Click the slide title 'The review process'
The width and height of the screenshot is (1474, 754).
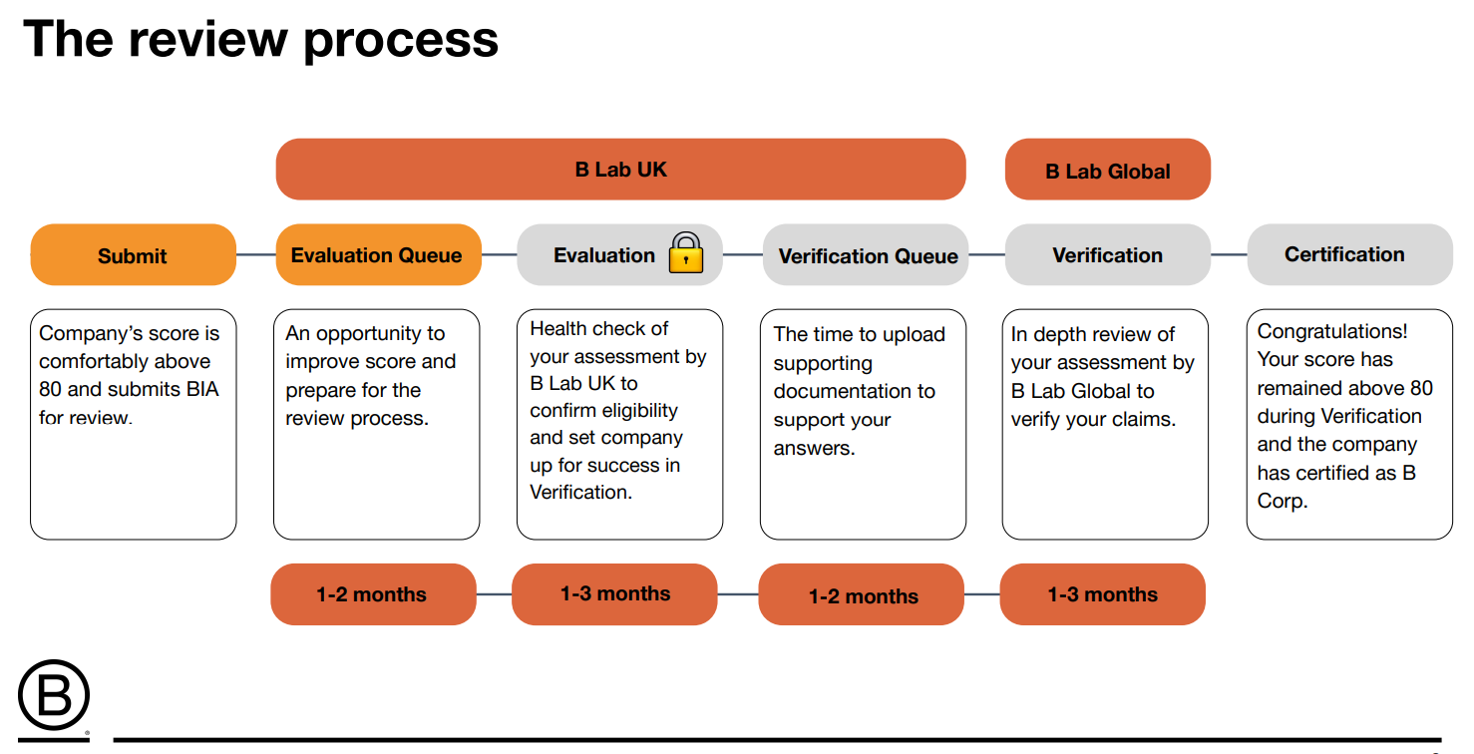260,40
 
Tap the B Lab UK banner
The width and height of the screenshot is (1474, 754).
620,170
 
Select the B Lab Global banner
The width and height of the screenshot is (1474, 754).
1107,170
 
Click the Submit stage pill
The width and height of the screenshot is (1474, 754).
133,254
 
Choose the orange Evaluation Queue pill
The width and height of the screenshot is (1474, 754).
378,254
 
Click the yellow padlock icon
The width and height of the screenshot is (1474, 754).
686,252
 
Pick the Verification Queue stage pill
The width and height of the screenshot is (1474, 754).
866,254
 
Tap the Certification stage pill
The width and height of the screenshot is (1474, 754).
1349,254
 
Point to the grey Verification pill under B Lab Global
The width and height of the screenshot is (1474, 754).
1107,254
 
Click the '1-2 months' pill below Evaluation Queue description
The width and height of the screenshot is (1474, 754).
373,594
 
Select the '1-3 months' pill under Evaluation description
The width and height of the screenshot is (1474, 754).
614,594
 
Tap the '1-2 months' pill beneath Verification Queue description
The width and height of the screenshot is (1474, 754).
862,594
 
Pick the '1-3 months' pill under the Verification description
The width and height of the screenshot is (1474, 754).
1102,594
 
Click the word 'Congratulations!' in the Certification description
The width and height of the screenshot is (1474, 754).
1331,331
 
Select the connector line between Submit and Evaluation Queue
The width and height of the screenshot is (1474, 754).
256,254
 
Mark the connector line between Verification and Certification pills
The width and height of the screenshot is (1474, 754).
1229,254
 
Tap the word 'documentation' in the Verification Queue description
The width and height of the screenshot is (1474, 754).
854,392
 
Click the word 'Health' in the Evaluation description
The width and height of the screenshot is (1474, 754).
560,328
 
